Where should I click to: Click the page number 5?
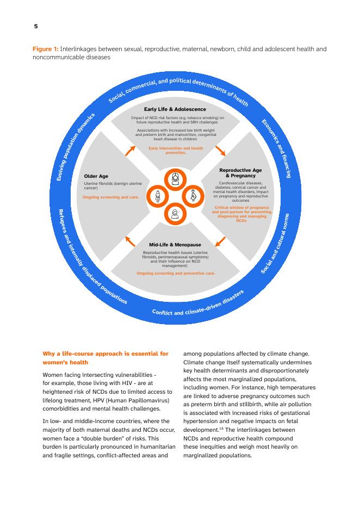point(35,26)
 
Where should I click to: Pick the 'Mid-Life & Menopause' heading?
point(175,245)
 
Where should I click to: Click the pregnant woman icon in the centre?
point(193,196)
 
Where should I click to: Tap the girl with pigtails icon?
point(176,178)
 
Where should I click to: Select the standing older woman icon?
point(158,196)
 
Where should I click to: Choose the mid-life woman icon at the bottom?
point(176,214)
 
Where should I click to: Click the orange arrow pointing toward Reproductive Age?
point(220,150)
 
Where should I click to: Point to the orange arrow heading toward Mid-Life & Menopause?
point(220,241)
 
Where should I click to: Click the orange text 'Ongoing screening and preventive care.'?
point(176,273)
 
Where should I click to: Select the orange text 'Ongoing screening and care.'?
point(107,197)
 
